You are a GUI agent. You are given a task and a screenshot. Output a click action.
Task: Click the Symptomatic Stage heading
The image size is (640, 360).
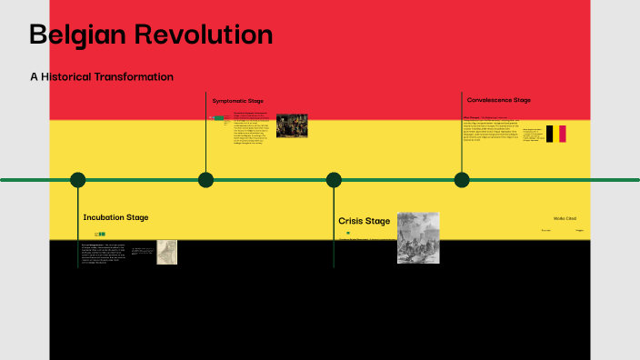[238, 100]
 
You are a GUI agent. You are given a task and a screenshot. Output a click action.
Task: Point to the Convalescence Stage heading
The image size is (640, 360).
[499, 100]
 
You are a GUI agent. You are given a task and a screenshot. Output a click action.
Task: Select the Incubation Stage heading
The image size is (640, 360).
[115, 217]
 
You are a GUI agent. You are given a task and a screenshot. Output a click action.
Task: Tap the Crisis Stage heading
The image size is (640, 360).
[364, 221]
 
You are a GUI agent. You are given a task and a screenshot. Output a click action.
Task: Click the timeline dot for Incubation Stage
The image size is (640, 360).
[78, 180]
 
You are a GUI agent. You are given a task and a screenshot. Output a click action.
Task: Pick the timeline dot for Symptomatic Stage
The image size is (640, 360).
[206, 180]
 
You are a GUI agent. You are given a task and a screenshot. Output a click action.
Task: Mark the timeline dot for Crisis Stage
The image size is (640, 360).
[334, 180]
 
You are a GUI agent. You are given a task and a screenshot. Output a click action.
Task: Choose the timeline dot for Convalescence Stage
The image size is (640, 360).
[462, 180]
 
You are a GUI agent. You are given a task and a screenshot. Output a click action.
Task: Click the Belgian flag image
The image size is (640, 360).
[555, 134]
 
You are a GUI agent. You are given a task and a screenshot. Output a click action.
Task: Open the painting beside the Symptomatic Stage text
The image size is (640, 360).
[292, 125]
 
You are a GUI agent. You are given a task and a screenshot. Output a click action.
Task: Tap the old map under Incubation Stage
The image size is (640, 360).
[166, 252]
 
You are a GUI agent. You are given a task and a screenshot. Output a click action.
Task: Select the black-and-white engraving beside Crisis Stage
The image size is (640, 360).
[418, 237]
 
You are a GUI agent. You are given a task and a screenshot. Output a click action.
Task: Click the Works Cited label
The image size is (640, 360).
[565, 218]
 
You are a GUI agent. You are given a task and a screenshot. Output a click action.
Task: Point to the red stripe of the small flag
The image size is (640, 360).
[563, 134]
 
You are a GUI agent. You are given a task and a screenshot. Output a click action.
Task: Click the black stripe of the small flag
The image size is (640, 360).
[549, 134]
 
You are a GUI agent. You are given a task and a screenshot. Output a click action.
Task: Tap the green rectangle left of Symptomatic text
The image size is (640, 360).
[218, 118]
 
